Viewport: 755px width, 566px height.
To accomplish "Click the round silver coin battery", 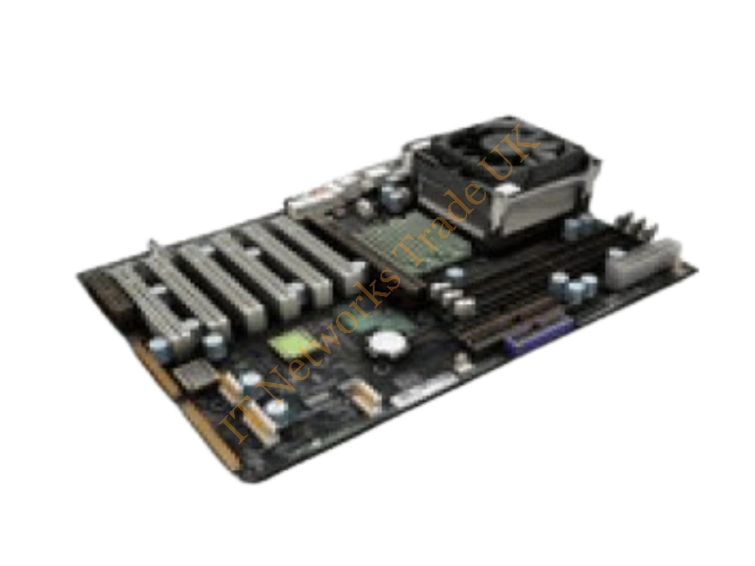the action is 387,344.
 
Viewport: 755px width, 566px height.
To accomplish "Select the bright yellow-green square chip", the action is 288,343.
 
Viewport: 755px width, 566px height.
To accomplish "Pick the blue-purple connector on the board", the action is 539,334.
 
